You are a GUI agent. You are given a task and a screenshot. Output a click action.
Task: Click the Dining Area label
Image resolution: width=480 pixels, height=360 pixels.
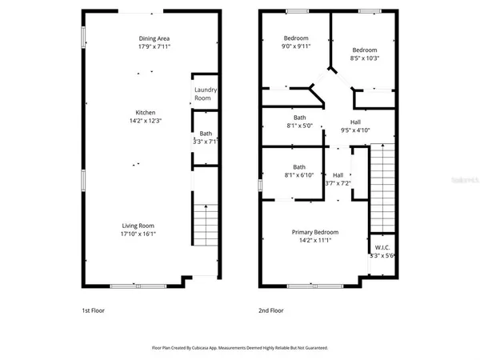152,38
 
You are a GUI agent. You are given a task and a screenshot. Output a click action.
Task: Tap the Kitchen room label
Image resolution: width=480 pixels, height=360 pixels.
145,113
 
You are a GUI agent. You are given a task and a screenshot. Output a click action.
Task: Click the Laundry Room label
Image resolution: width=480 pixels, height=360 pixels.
206,94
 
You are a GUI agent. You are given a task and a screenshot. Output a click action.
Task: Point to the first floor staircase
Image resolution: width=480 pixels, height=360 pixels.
206,226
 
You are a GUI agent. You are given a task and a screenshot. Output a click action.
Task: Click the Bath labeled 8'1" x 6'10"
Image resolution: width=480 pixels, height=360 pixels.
299,171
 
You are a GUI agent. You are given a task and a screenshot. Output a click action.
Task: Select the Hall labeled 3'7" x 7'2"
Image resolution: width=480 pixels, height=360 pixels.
338,179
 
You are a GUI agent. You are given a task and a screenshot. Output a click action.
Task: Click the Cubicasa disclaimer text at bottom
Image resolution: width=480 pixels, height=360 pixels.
239,348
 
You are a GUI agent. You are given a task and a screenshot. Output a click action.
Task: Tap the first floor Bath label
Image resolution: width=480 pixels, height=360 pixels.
206,134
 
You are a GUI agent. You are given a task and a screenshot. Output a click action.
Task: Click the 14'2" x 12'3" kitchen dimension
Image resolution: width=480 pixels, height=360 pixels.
145,121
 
